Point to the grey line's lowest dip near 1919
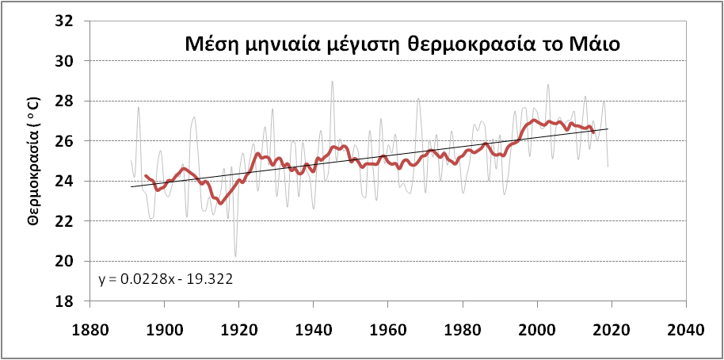[235, 256]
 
